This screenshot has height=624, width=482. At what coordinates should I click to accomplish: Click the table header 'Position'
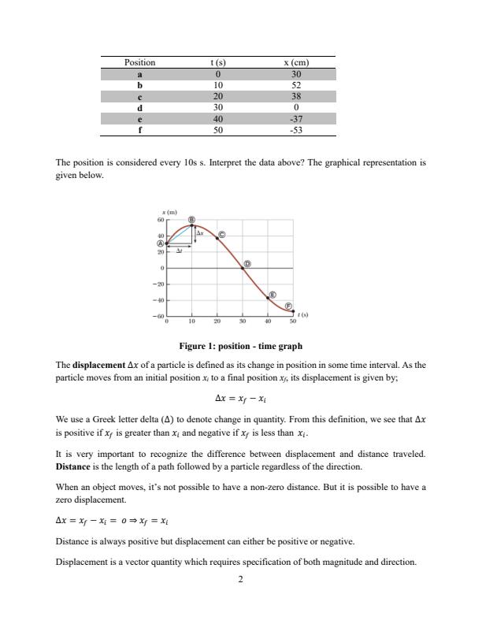(140, 62)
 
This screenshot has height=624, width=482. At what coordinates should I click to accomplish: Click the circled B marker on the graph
(191, 218)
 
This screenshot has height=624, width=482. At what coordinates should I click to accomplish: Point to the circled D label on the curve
(247, 263)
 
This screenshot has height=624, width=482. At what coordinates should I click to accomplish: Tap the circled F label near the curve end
(288, 306)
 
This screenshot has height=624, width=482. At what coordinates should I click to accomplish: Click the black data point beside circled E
(268, 297)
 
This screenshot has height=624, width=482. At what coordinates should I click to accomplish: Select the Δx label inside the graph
(200, 233)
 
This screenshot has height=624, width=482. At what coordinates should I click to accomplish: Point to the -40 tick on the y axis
(158, 300)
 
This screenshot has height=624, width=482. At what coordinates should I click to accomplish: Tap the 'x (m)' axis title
(166, 213)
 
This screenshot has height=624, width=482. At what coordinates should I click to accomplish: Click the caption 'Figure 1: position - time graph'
(240, 368)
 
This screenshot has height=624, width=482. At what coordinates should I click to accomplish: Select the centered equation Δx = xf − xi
(240, 419)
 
